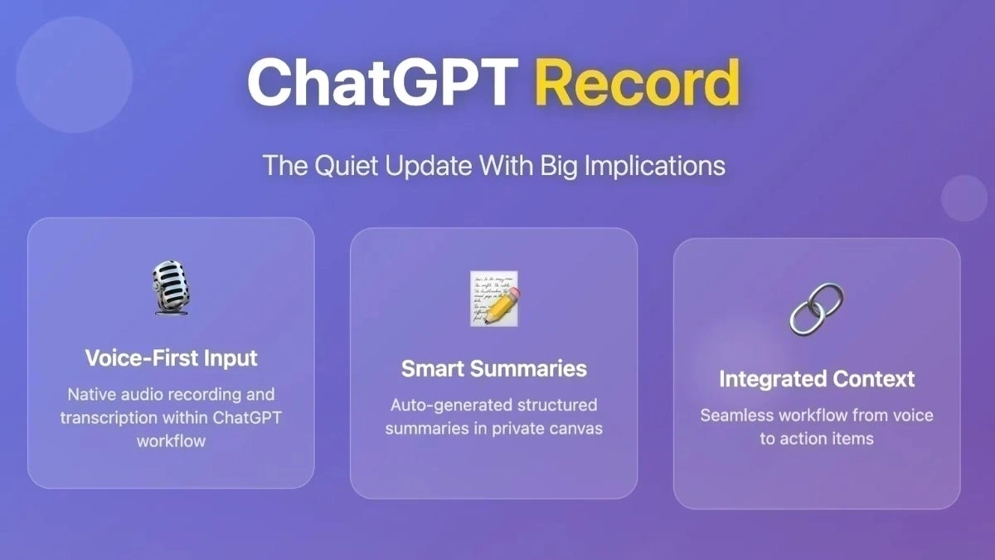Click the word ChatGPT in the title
382,82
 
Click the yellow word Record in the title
636,82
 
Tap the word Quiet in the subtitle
344,165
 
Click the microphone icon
172,287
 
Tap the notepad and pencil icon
494,297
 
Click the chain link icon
816,308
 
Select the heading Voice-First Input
171,358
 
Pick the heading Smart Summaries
494,368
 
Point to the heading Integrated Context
817,379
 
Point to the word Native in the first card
92,394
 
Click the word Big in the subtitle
559,165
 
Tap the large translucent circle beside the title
75,75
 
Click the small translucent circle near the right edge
964,198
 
